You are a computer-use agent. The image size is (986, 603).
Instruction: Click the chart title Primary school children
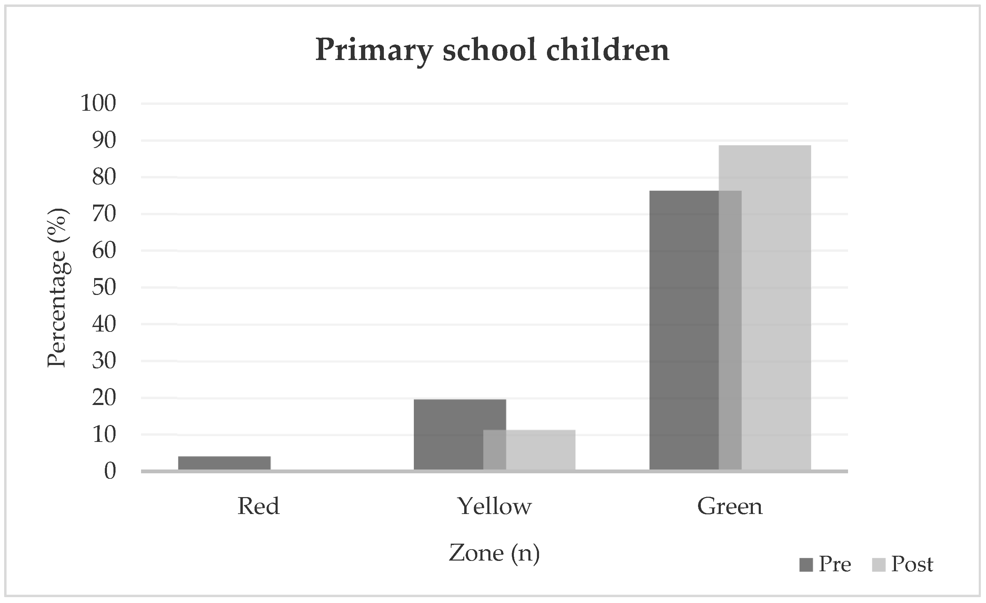click(x=492, y=51)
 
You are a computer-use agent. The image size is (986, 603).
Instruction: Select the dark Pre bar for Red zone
click(x=224, y=463)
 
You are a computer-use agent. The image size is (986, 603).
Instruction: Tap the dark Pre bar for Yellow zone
click(x=448, y=434)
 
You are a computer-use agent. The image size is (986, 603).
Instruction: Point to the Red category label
click(x=258, y=506)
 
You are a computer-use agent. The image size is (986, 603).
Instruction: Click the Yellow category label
click(x=495, y=506)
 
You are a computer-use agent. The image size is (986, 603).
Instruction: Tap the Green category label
click(x=730, y=506)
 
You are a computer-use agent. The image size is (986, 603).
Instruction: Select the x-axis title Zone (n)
click(x=494, y=553)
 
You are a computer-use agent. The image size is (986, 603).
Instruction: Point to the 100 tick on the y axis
click(x=98, y=103)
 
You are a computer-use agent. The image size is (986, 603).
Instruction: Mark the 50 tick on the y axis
click(x=104, y=287)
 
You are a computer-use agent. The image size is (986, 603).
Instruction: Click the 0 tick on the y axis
click(x=110, y=471)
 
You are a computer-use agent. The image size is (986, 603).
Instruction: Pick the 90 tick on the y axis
click(x=104, y=140)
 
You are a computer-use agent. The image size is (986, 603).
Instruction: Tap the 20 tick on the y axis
click(x=104, y=398)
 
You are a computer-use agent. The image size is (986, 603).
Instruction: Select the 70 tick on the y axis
click(x=104, y=214)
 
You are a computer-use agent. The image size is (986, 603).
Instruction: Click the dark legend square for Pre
click(x=806, y=565)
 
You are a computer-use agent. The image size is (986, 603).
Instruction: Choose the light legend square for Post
click(x=878, y=565)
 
